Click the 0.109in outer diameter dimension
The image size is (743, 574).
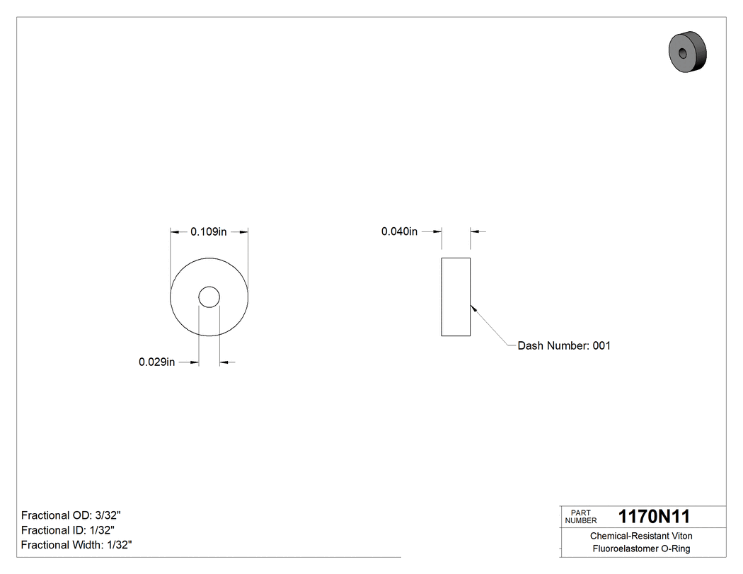(209, 231)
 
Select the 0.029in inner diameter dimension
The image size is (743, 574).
(156, 362)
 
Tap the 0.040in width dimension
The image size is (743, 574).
(400, 231)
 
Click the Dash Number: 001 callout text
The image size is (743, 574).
(563, 346)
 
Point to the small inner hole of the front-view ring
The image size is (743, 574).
(209, 297)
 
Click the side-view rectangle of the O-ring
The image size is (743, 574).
(456, 297)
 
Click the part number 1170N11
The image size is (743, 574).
(654, 516)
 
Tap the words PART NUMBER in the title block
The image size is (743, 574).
(580, 517)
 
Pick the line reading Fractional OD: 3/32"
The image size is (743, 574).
(76, 515)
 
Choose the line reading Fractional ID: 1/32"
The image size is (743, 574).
(68, 530)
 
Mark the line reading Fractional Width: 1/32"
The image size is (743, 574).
(76, 545)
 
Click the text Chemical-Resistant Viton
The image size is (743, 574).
(641, 536)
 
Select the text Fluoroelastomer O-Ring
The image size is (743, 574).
(641, 549)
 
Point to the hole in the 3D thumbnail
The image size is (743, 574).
(682, 54)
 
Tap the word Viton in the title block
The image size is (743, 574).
(681, 536)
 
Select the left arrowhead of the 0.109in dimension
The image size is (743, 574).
(175, 231)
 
